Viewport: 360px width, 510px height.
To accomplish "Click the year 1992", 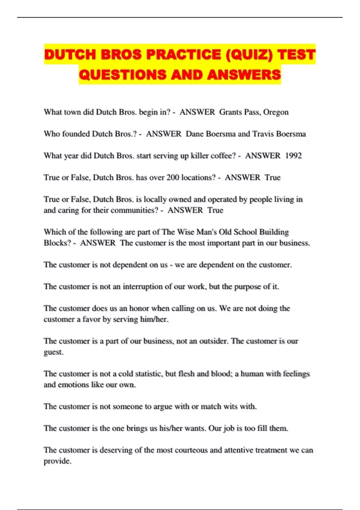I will pos(293,156).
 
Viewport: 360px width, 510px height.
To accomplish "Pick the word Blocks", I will pos(57,243).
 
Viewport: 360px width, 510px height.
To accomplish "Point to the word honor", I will pos(139,308).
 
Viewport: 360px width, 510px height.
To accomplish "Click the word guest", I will pos(53,352).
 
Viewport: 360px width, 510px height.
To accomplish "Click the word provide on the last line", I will pos(57,461).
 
